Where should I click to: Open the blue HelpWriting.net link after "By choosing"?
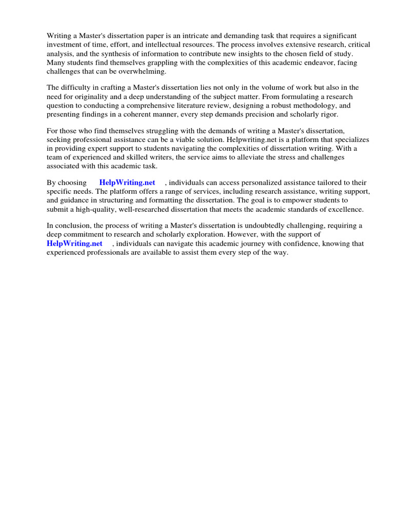click(x=127, y=183)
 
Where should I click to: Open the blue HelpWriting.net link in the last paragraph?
click(x=74, y=244)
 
